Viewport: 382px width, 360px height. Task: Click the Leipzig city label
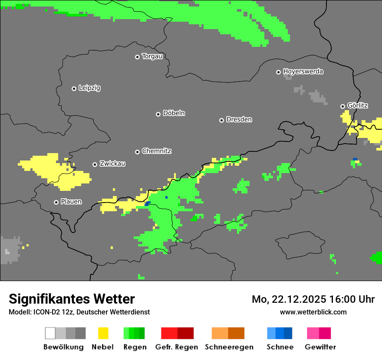(x=89, y=88)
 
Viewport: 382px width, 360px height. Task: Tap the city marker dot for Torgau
(x=137, y=57)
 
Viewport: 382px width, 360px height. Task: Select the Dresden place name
(x=239, y=120)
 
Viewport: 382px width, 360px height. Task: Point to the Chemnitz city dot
(x=137, y=152)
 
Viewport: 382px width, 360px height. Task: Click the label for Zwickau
(x=112, y=164)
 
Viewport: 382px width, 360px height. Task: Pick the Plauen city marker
(x=56, y=202)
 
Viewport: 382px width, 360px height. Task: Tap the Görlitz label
(x=358, y=105)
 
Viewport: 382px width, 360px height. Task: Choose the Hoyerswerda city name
(x=303, y=72)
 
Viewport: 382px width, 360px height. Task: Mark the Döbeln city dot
(x=158, y=114)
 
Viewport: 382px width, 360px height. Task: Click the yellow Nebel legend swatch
(x=103, y=333)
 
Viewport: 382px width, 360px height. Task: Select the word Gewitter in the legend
(x=320, y=347)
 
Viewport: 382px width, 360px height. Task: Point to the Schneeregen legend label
(x=229, y=347)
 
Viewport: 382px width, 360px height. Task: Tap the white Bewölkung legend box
(x=50, y=333)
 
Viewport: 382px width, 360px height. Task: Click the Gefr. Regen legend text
(x=177, y=347)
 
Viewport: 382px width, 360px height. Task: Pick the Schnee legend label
(x=280, y=347)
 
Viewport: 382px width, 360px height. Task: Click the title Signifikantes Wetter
(x=72, y=299)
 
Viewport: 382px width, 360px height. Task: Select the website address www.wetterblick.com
(x=313, y=312)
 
